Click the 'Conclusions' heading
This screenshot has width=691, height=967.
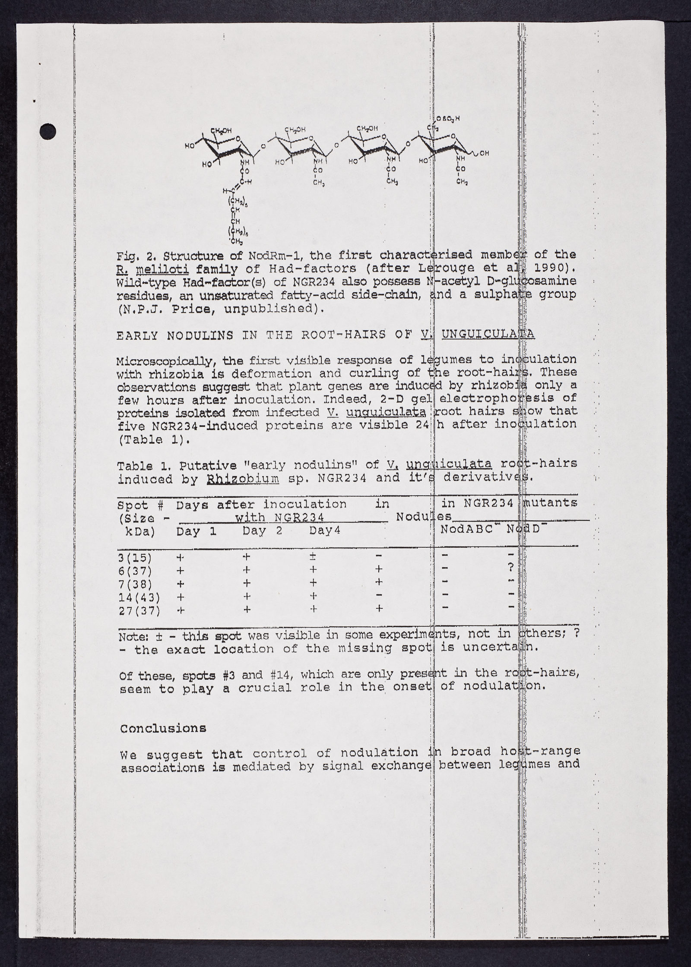(163, 728)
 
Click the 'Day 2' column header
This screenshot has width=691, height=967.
(262, 531)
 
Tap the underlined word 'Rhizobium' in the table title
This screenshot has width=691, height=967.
(243, 479)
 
